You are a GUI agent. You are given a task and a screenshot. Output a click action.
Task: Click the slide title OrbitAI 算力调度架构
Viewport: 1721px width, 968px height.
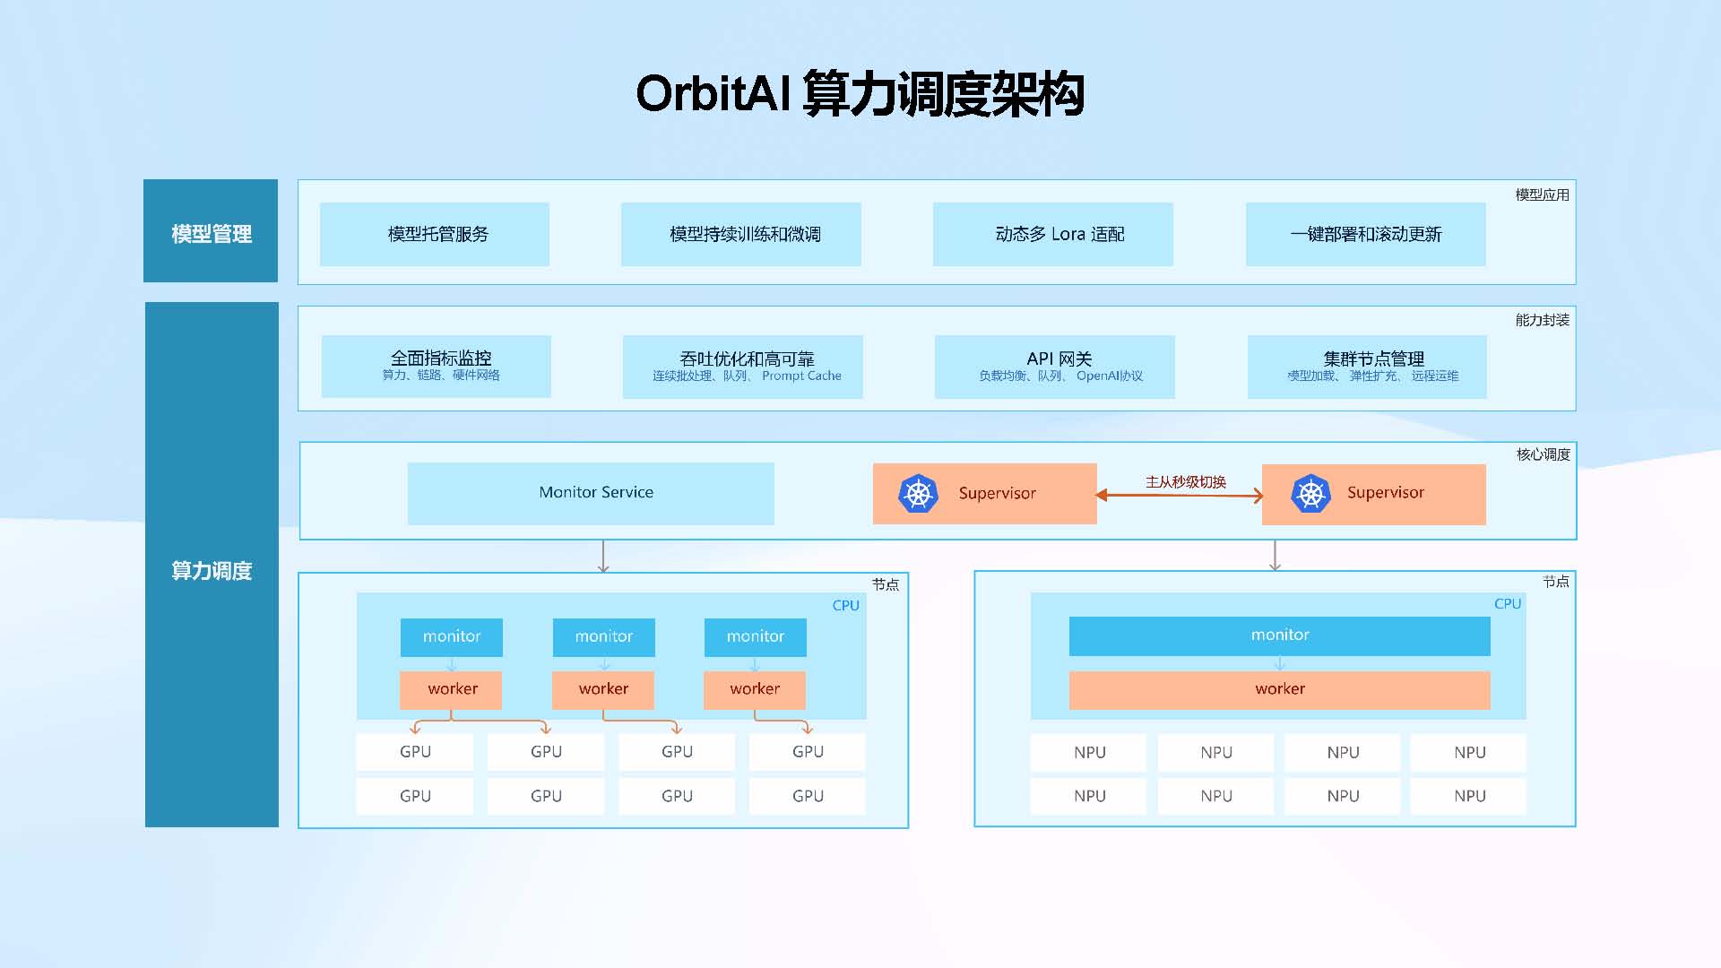pyautogui.click(x=860, y=93)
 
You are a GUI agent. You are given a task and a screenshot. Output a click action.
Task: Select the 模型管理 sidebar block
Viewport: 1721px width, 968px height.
pyautogui.click(x=211, y=231)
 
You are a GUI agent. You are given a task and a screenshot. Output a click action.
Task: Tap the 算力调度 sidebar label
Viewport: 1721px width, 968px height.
pyautogui.click(x=212, y=570)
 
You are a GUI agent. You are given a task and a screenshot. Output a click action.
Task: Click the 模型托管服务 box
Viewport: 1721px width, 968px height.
pyautogui.click(x=435, y=234)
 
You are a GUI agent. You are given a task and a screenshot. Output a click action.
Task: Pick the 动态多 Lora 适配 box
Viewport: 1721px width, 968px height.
pyautogui.click(x=1052, y=234)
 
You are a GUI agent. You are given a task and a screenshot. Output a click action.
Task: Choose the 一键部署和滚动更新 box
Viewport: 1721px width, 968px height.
pyautogui.click(x=1365, y=234)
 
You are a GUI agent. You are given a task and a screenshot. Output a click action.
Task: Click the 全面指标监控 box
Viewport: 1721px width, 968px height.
pyautogui.click(x=436, y=366)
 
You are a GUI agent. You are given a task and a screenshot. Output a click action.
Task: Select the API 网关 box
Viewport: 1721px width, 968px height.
pyautogui.click(x=1054, y=367)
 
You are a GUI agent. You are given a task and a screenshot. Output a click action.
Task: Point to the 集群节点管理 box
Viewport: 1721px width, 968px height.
pyautogui.click(x=1367, y=367)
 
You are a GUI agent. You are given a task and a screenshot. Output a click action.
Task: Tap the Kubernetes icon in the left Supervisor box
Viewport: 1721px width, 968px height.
pyautogui.click(x=918, y=494)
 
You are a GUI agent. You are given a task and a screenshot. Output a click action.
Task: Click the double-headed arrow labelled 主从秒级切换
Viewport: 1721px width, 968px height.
pyautogui.click(x=1179, y=495)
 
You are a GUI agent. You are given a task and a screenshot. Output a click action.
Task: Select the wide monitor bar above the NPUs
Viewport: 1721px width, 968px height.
pyautogui.click(x=1279, y=635)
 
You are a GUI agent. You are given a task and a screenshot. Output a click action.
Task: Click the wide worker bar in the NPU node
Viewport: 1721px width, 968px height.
pyautogui.click(x=1279, y=689)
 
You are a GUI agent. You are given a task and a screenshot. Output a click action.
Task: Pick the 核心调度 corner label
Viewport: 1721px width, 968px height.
pyautogui.click(x=1543, y=454)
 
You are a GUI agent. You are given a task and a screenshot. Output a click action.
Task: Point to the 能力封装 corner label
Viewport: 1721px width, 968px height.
pyautogui.click(x=1542, y=320)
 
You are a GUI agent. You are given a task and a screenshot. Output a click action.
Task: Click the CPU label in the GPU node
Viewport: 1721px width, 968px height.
pyautogui.click(x=845, y=606)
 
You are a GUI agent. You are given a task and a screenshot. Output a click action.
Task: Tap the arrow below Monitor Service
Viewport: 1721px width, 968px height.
pyautogui.click(x=603, y=556)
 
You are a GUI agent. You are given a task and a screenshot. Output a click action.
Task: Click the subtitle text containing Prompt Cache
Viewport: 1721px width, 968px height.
pyautogui.click(x=747, y=376)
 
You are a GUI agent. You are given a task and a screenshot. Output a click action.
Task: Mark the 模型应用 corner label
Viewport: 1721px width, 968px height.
pyautogui.click(x=1542, y=194)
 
